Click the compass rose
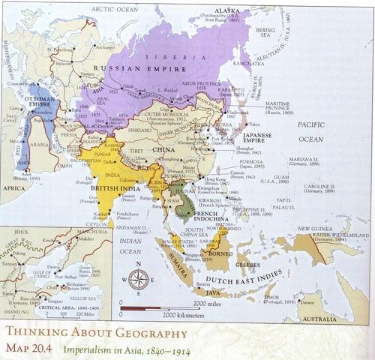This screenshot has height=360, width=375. [x=138, y=279]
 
